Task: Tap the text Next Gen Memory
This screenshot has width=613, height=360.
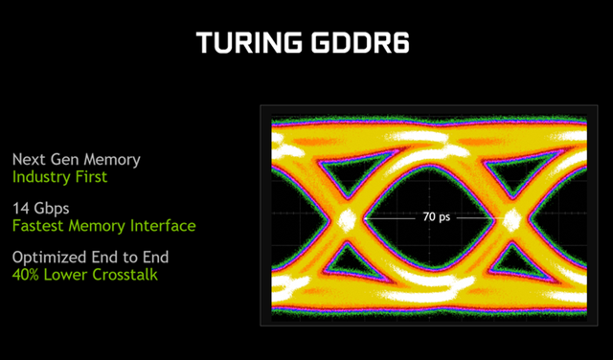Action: [77, 159]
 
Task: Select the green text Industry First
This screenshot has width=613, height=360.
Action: [59, 177]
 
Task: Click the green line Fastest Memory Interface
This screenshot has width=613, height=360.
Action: [103, 226]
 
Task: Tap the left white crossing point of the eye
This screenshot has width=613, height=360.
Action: [346, 219]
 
